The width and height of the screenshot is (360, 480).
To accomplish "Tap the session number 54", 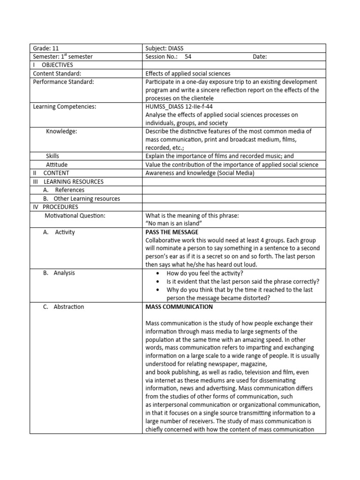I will [188, 57].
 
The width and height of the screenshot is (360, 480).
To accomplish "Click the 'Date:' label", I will [260, 57].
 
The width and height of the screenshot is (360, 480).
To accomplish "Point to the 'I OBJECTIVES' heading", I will [52, 65].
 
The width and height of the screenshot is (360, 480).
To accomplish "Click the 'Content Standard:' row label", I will [57, 74].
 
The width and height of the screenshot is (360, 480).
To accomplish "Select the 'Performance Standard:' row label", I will [63, 82].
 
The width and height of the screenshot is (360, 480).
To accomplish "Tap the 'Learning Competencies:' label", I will [64, 107].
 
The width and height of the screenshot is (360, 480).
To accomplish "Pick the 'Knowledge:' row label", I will [61, 131].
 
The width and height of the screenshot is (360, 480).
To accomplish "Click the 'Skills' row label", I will [52, 156].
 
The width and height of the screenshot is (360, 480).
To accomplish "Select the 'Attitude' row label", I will [57, 165].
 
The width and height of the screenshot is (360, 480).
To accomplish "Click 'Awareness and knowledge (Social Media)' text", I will [200, 173].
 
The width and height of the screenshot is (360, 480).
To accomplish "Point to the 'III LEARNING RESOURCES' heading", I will [68, 181].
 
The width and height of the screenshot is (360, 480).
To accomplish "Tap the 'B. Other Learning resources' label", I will [81, 199].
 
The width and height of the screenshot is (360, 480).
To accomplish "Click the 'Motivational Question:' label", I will [75, 216].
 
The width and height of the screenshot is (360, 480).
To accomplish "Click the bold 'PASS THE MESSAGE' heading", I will [172, 232].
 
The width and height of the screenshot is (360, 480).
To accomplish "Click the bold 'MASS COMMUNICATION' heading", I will [179, 307].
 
